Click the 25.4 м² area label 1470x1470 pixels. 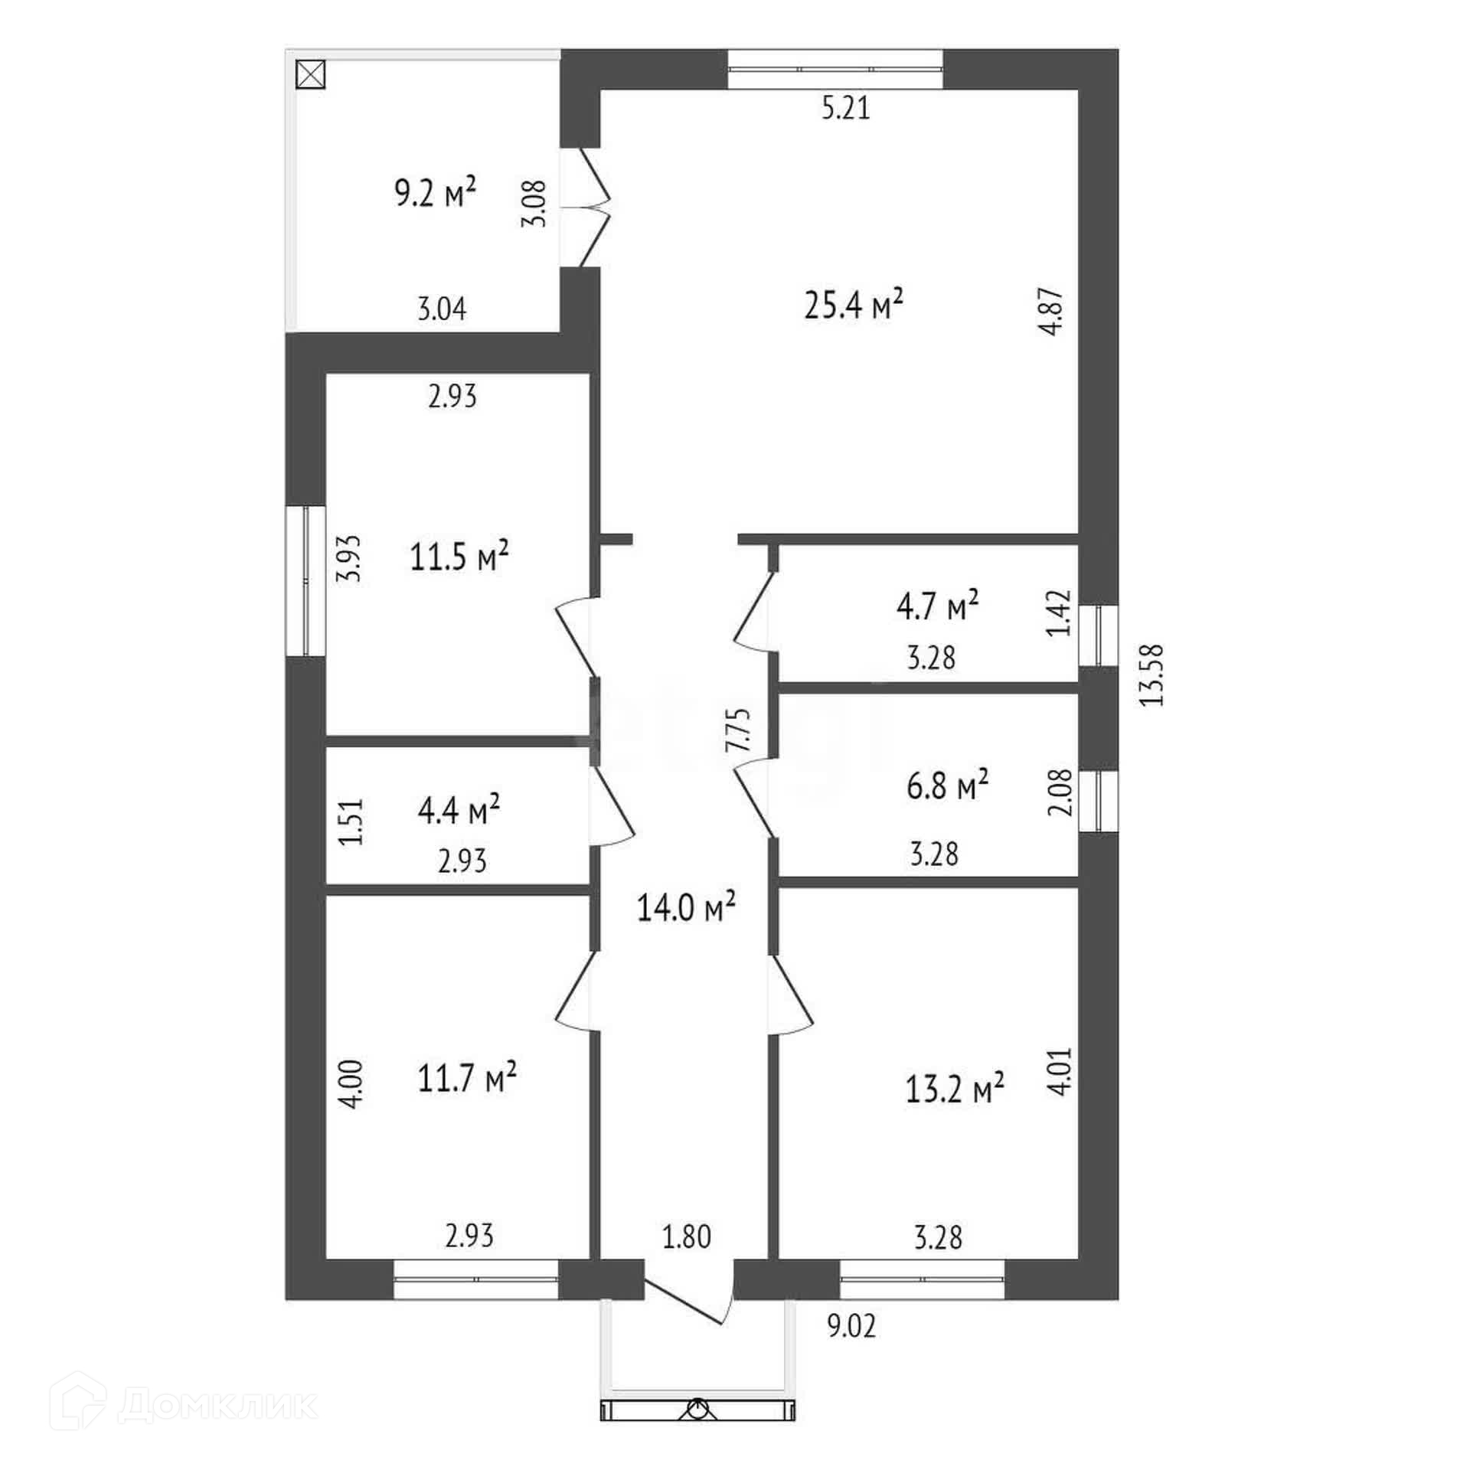tap(854, 305)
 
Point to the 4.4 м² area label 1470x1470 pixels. tap(459, 810)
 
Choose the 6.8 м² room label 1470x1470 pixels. tap(948, 786)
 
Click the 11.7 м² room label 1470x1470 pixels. tap(467, 1079)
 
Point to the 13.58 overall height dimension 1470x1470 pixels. tap(1151, 674)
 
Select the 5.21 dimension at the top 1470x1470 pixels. tap(846, 108)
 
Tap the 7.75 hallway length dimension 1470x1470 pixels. tap(739, 732)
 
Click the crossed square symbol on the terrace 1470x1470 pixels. tap(311, 75)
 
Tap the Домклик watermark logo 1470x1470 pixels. tap(183, 1404)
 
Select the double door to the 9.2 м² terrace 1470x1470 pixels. tap(586, 207)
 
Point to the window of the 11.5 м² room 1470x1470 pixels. tap(305, 580)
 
